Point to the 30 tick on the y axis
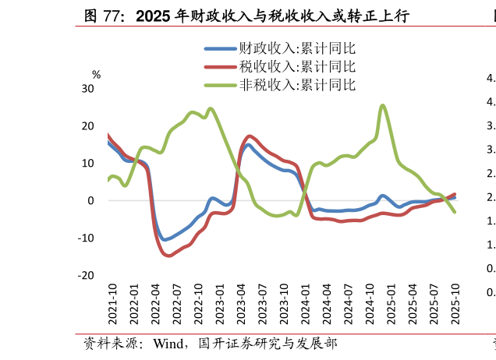tap(87, 89)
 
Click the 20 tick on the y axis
tap(87, 126)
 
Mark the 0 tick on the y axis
tap(90, 201)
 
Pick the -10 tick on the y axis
tap(86, 238)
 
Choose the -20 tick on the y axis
tap(86, 276)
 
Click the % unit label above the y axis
tap(97, 75)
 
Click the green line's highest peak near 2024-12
tap(382, 105)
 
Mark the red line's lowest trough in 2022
tap(169, 255)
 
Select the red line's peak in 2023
tap(249, 136)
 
